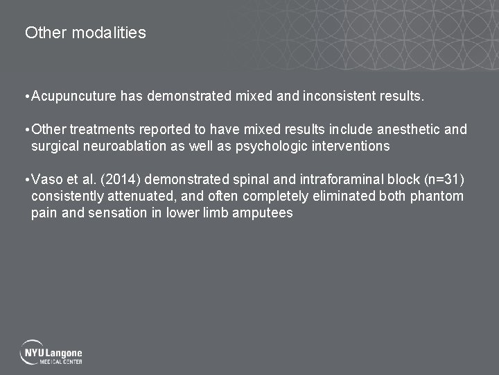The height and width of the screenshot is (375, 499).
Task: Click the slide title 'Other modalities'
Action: (x=85, y=33)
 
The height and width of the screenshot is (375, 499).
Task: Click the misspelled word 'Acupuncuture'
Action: (x=74, y=97)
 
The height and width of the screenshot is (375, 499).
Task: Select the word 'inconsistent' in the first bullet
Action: (x=339, y=97)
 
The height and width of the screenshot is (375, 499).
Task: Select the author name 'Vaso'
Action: (x=47, y=180)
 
